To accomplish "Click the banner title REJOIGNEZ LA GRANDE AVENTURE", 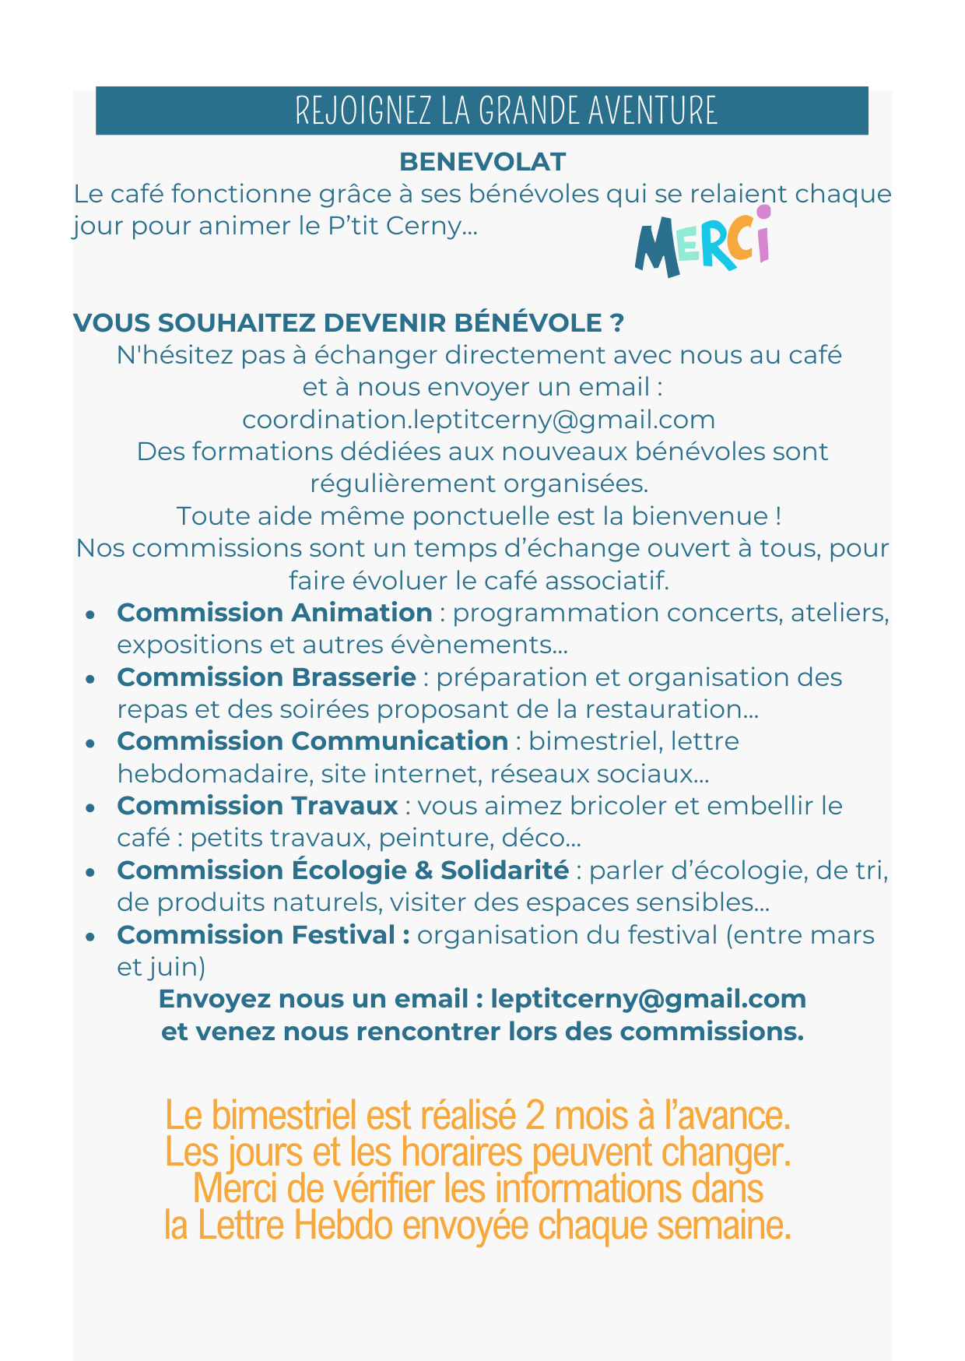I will pos(506,111).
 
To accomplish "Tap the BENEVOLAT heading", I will pos(482,162).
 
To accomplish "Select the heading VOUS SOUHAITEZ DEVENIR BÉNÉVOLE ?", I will pos(349,323).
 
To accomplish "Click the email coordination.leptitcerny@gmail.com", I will pos(479,420).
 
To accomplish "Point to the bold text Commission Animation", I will pos(275,613).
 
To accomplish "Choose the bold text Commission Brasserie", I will pos(266,677).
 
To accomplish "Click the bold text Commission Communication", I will pos(312,741).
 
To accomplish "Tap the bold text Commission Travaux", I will pos(258,806).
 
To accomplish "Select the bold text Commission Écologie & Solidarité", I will pos(342,870).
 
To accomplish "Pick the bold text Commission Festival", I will pos(263,935).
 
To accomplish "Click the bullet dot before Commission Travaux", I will pos(91,808).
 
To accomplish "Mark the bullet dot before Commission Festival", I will pos(91,937).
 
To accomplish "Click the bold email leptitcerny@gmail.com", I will pos(648,999).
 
